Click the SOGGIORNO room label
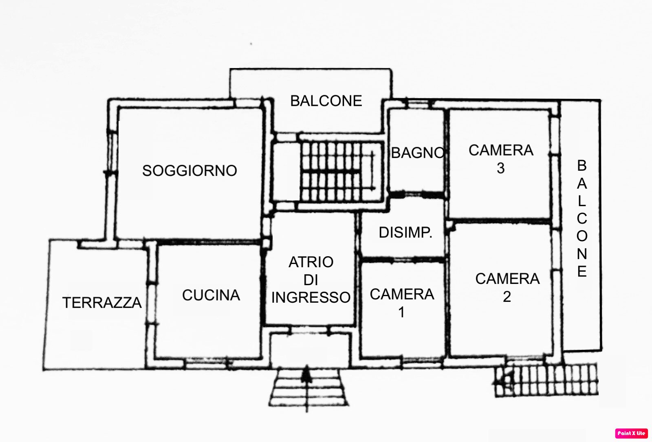tap(189, 171)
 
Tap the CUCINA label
tap(211, 295)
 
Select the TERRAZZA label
tap(102, 303)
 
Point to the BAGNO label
tap(418, 153)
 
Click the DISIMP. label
tap(405, 233)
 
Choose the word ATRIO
tap(311, 262)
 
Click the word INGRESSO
tap(311, 297)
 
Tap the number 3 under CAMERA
tap(501, 168)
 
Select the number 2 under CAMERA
tap(507, 297)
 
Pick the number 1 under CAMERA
tap(401, 312)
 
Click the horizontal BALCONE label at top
tap(326, 101)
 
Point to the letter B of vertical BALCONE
tap(582, 165)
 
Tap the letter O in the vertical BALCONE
tap(582, 236)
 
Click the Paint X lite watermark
tap(632, 433)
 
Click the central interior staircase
tap(341, 172)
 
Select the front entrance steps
tap(309, 387)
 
